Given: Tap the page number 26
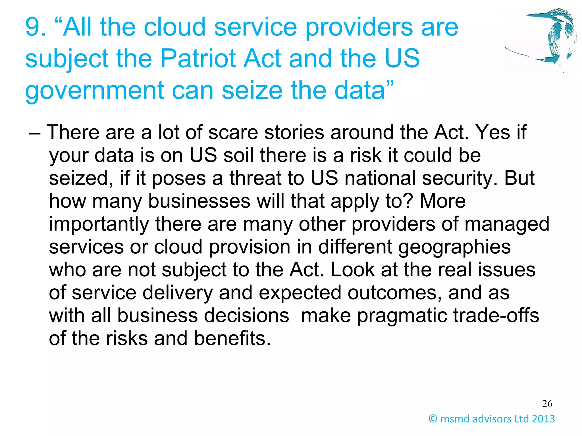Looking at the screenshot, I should [547, 404].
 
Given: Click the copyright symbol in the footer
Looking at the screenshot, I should [433, 419].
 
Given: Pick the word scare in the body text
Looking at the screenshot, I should [233, 133].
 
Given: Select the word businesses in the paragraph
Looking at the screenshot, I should [199, 201].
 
